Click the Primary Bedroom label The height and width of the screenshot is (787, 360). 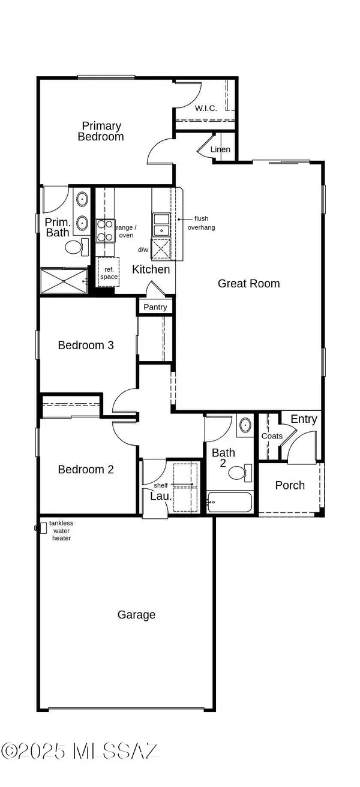101,131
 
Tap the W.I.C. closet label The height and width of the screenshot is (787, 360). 206,109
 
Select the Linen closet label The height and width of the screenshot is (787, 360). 220,149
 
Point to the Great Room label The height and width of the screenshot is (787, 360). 248,283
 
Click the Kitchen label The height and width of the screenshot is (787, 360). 151,269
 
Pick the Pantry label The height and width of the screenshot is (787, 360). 156,307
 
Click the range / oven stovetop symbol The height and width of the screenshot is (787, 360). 106,230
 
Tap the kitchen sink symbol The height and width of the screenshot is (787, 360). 160,226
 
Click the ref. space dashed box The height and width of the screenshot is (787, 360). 109,273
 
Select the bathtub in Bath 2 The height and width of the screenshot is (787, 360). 230,503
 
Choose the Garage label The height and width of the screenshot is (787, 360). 136,614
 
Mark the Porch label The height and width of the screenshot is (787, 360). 290,485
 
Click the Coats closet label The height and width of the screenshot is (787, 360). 272,436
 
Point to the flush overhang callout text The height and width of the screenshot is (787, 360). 201,223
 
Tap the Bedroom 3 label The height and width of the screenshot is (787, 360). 86,345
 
